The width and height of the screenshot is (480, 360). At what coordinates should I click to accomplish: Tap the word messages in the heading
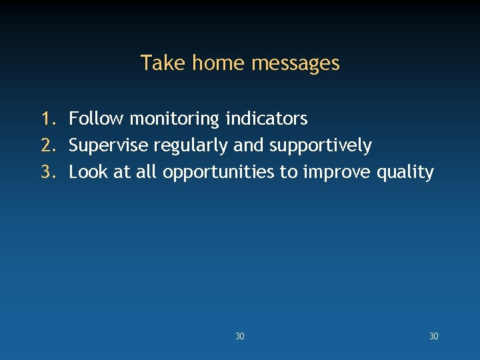click(296, 63)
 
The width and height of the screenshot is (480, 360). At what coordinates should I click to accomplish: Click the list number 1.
click(47, 119)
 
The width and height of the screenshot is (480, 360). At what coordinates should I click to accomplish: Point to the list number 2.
click(47, 145)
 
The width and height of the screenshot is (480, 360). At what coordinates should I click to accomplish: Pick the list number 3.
click(47, 172)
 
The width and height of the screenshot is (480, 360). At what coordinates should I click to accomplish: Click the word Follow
click(97, 119)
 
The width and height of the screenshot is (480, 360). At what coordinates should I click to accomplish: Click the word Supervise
click(109, 146)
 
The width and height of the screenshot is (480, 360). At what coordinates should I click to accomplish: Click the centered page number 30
click(240, 337)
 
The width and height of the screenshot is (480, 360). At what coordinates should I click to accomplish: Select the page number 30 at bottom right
click(434, 337)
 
